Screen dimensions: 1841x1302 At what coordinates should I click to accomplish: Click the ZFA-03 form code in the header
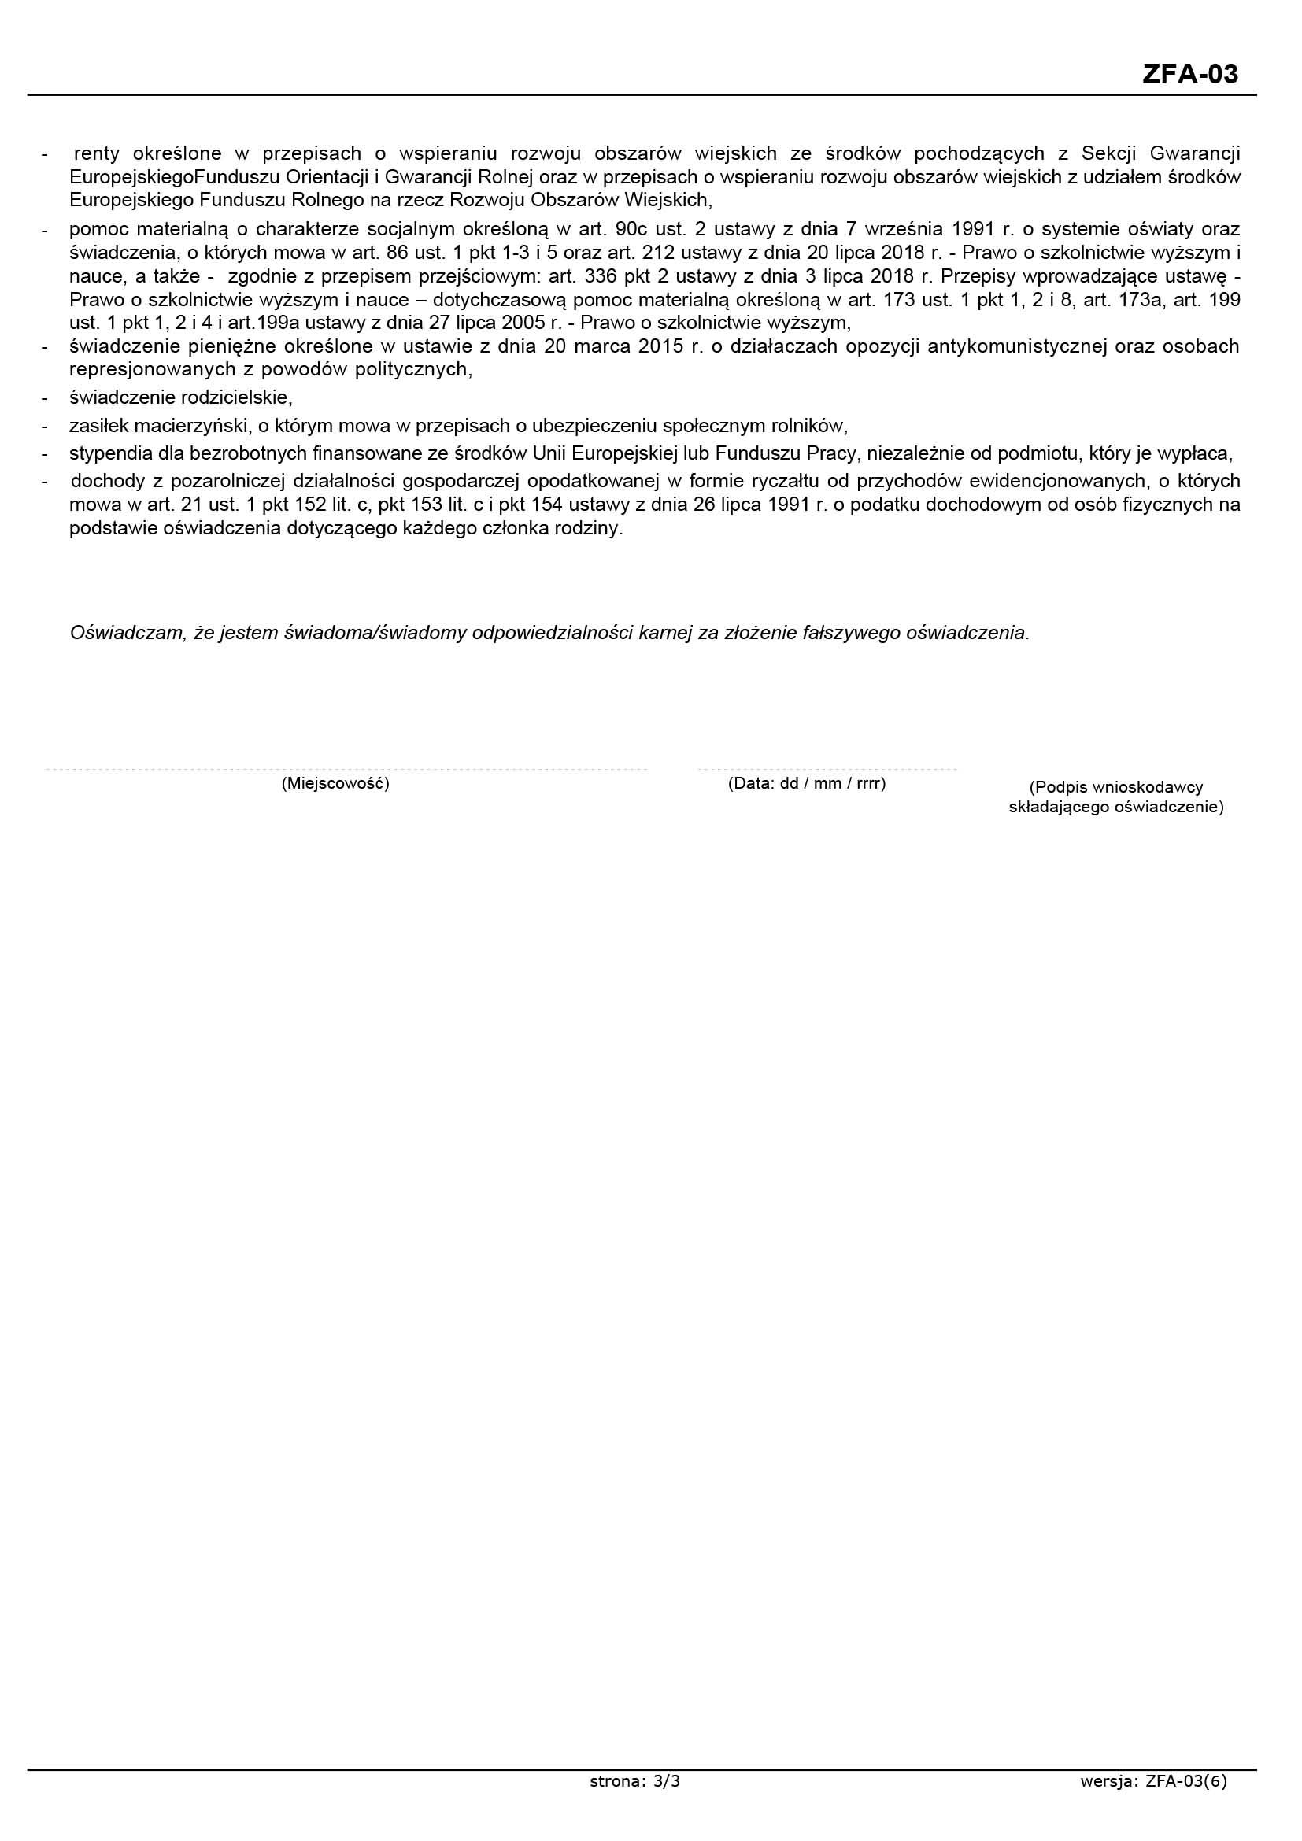click(1189, 75)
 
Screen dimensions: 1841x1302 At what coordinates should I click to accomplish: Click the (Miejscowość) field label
click(335, 783)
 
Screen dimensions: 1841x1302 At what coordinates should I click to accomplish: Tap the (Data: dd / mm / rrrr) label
click(807, 783)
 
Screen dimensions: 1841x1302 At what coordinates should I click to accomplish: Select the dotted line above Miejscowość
click(345, 770)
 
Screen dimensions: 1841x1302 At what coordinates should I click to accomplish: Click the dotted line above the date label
click(827, 770)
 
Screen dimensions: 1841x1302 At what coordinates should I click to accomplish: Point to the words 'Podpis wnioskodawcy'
click(1116, 787)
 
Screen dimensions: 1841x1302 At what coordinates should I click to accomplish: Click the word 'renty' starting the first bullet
click(96, 153)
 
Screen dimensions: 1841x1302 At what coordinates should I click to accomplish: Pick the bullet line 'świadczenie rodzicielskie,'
click(181, 397)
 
